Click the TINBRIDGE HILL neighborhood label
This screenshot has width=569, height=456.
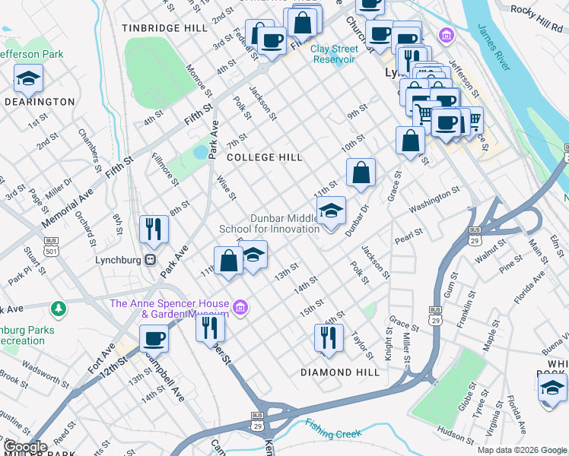pos(164,27)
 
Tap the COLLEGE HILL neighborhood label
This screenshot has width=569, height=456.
pos(265,157)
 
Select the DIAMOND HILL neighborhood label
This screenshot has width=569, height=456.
pos(339,372)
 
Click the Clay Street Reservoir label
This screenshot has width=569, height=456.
pos(333,54)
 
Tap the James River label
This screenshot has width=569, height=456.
pos(493,47)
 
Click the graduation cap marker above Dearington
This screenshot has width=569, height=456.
pos(28,78)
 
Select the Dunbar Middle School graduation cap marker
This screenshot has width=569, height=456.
pos(331,211)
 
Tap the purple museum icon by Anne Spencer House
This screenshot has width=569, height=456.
pos(240,307)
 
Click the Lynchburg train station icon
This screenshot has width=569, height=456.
pos(151,259)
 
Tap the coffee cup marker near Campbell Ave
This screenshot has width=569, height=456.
pos(154,337)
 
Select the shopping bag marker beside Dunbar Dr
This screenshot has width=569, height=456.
pos(361,173)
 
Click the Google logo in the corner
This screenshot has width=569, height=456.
pos(24,447)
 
